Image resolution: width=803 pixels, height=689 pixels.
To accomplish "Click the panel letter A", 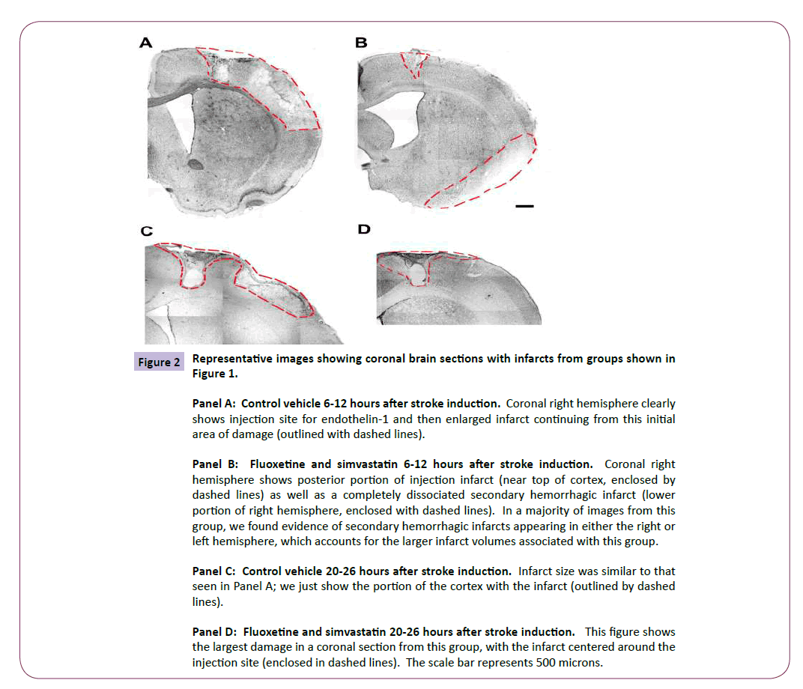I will [145, 43].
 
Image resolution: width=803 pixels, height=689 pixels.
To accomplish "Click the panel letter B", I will [361, 43].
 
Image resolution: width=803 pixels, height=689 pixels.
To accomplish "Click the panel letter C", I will [147, 232].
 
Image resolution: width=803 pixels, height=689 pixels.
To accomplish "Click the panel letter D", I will [364, 229].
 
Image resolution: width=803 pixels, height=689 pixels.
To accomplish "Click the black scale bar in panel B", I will [525, 204].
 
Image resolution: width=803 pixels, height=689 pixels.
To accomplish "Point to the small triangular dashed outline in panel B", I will [411, 62].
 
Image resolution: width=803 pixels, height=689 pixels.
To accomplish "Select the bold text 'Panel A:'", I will [213, 404].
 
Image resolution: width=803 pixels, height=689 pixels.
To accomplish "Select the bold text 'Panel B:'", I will [213, 464].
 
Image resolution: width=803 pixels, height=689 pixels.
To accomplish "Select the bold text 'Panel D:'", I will [214, 632].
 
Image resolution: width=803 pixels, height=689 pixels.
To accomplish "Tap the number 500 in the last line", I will [542, 662].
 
